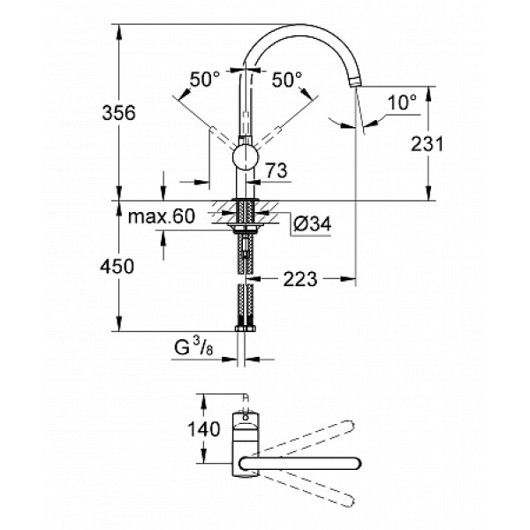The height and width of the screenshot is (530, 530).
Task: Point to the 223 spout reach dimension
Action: pyautogui.click(x=299, y=279)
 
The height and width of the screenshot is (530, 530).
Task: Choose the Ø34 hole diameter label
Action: pyautogui.click(x=311, y=225)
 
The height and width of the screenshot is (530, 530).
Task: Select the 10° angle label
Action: pyautogui.click(x=402, y=102)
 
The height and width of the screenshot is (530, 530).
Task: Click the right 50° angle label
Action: pyautogui.click(x=286, y=79)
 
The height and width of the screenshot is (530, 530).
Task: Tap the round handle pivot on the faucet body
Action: pyautogui.click(x=244, y=159)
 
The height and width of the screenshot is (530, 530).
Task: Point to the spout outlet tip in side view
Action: pyautogui.click(x=356, y=82)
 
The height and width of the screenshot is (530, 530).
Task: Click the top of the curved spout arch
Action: pyautogui.click(x=300, y=26)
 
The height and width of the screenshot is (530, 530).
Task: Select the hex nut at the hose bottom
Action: pyautogui.click(x=243, y=329)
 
